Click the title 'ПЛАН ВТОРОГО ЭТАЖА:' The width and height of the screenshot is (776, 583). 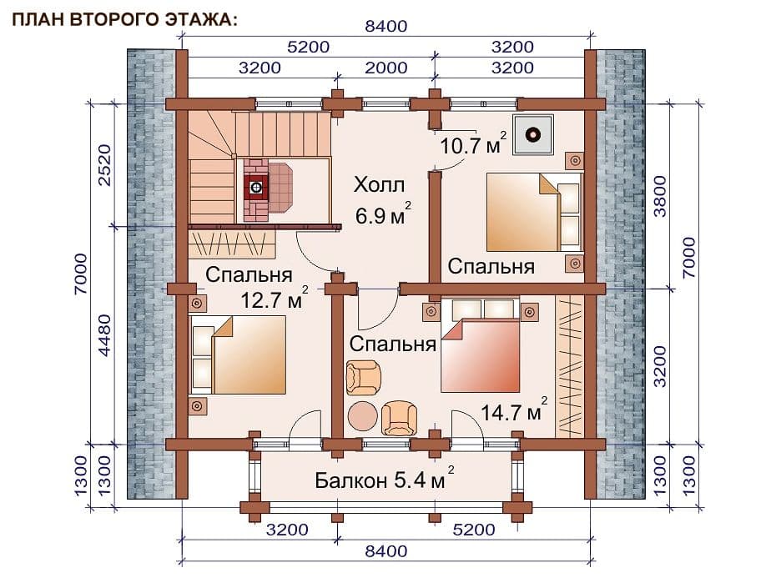[x=124, y=19]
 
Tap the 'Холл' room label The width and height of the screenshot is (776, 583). [x=379, y=185]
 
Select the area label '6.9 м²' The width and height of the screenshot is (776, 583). [x=383, y=214]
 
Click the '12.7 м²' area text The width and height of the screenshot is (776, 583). [x=275, y=298]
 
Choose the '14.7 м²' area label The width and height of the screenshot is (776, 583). [x=514, y=410]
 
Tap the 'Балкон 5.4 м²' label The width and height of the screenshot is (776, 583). [x=385, y=478]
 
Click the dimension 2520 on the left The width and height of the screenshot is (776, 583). [x=105, y=165]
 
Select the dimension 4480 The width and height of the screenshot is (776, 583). [x=105, y=334]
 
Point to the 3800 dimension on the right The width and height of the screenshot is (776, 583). [x=660, y=196]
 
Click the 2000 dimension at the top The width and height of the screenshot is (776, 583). [x=386, y=68]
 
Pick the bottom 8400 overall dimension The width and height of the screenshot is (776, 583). [x=386, y=550]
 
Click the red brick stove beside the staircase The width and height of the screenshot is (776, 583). [x=268, y=189]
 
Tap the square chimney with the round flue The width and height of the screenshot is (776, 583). [x=533, y=134]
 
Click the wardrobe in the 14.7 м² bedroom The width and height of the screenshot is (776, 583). [x=570, y=366]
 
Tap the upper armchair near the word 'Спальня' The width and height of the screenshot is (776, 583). [x=363, y=378]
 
